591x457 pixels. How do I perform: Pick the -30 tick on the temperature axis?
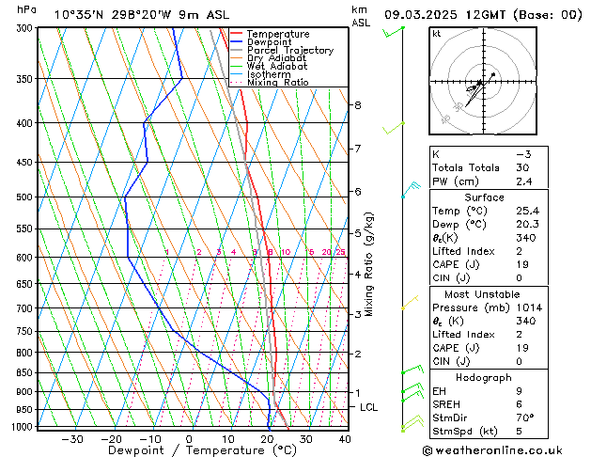click(71, 439)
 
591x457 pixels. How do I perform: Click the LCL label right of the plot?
click(369, 407)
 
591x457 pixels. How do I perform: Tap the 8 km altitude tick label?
click(357, 105)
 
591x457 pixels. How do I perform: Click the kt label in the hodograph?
click(436, 34)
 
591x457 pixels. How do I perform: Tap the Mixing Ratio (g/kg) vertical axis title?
click(370, 264)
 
